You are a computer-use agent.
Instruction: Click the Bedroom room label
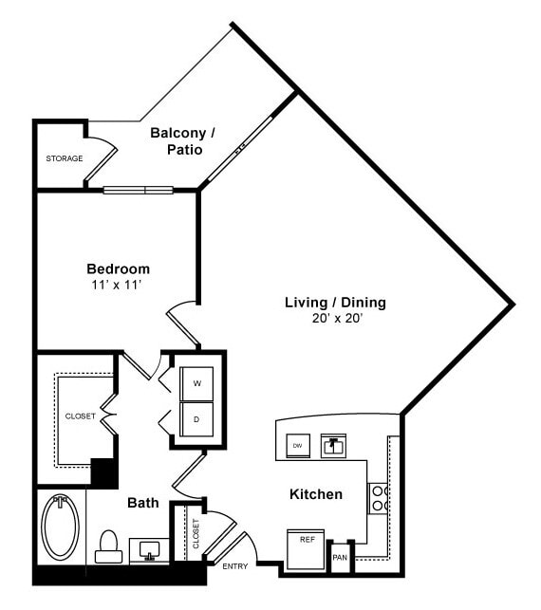pos(118,268)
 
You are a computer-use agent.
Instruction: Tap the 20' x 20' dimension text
pos(335,319)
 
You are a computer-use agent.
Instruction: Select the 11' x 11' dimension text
pos(118,284)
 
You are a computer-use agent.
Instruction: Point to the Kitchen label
pos(316,494)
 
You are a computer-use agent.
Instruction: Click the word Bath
pos(142,504)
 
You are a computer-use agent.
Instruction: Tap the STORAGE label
pos(65,158)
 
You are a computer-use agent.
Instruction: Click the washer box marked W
pos(197,383)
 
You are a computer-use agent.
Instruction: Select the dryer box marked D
pos(197,418)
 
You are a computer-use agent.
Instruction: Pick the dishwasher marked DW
pos(297,445)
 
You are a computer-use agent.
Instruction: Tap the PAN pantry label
pos(339,557)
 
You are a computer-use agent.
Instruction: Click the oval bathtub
pos(60,527)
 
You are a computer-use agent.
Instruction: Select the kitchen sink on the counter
pos(332,444)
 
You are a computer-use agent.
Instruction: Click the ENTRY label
pos(234,566)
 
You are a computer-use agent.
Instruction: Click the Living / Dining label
pos(335,303)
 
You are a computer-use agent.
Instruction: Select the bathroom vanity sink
pos(150,551)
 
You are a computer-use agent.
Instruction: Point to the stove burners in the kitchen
pos(378,498)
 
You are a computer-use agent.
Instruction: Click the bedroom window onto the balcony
pos(139,190)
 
